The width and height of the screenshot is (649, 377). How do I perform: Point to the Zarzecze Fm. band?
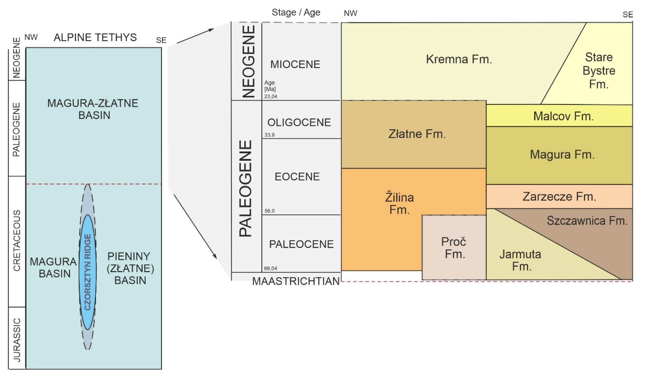(x=559, y=197)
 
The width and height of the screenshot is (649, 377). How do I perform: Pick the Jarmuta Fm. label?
(x=520, y=260)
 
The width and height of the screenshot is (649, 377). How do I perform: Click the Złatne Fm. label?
(x=417, y=134)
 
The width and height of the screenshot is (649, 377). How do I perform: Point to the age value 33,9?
(x=269, y=135)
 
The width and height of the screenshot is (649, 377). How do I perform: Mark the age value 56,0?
(x=269, y=211)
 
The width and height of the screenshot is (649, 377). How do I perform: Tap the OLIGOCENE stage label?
(x=299, y=122)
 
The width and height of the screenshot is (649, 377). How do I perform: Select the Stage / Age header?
(x=296, y=12)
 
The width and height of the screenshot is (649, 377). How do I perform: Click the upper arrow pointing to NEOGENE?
(x=195, y=36)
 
